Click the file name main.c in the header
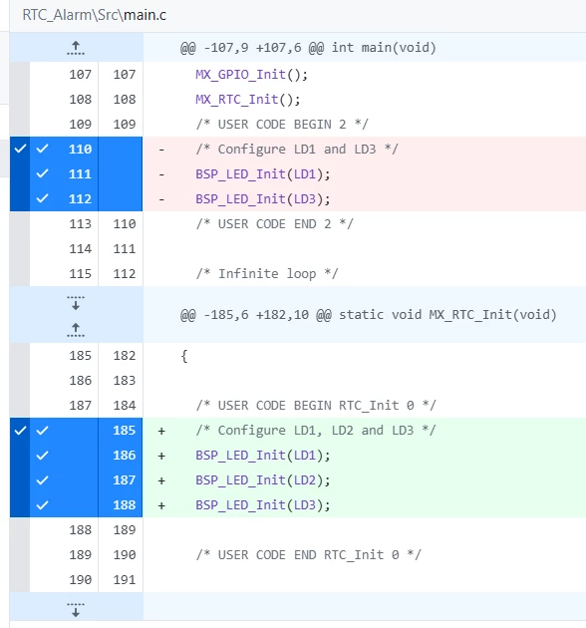tap(145, 15)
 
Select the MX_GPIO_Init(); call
tap(251, 75)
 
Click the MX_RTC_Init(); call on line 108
tap(248, 100)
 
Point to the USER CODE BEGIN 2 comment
tap(282, 125)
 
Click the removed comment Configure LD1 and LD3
tap(297, 149)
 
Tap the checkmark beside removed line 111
tap(42, 173)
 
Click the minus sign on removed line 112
tap(161, 199)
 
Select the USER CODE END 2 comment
tap(274, 224)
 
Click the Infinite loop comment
tap(267, 273)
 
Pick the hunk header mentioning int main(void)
tap(308, 48)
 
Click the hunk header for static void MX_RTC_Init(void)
tap(369, 315)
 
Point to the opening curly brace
tap(183, 356)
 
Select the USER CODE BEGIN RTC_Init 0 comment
tap(316, 406)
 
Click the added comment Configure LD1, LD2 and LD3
tap(316, 431)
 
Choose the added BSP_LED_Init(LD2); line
tap(263, 479)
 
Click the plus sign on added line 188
tap(161, 505)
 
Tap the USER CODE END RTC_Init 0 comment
tap(308, 554)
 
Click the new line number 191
tap(125, 579)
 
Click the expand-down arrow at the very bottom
tap(76, 610)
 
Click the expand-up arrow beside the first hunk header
tap(76, 48)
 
